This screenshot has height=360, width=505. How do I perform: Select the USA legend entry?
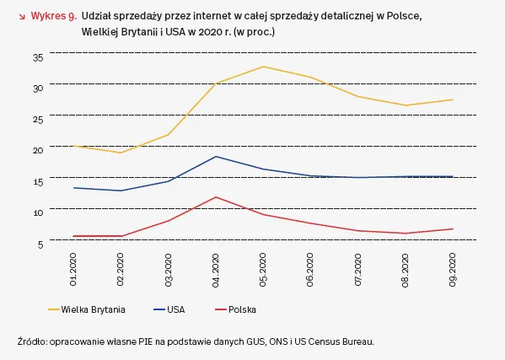click(x=175, y=309)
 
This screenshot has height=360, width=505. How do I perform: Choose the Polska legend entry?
click(x=242, y=309)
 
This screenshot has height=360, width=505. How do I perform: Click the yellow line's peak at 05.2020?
click(x=264, y=67)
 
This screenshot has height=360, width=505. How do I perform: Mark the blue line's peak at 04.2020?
click(x=217, y=157)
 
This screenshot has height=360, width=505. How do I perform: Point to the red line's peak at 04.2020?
click(x=217, y=197)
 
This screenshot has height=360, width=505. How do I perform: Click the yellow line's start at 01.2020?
click(x=74, y=146)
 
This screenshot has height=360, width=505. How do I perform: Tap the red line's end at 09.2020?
click(x=454, y=228)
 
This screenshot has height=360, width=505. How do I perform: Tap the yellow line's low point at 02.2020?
click(x=121, y=153)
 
